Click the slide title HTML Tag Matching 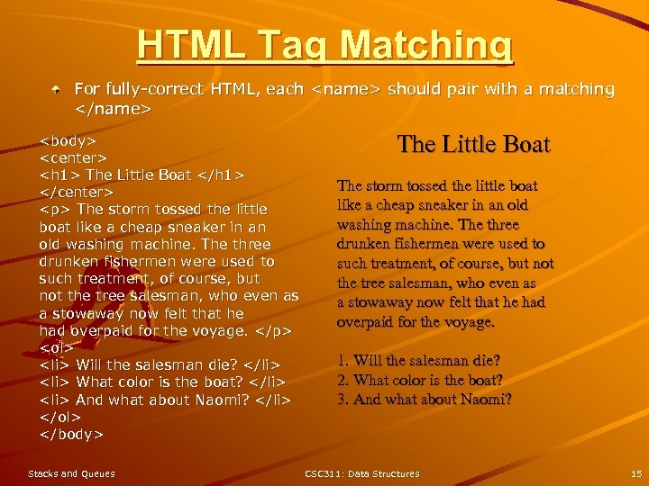(324, 45)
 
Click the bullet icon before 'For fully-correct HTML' (56, 90)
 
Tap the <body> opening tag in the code (69, 140)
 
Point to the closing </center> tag (77, 192)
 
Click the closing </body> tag (71, 434)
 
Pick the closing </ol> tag (60, 417)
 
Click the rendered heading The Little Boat (473, 145)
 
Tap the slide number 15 (636, 473)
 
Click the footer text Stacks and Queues (71, 473)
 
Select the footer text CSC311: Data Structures (362, 473)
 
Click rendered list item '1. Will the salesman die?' (418, 361)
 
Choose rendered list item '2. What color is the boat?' (419, 380)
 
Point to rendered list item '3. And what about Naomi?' (424, 399)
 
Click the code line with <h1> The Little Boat (142, 175)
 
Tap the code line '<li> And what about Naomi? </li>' (165, 400)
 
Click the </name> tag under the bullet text (113, 108)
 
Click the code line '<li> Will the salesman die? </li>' (160, 364)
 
